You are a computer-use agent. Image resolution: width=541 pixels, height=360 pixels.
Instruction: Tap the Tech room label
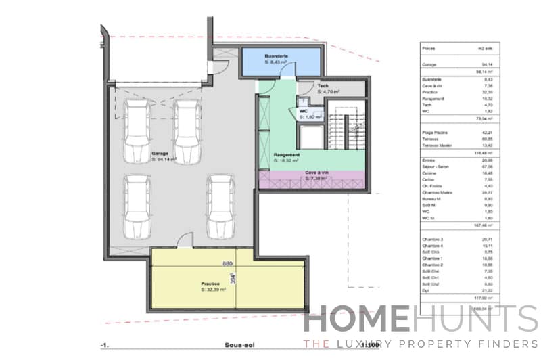click(x=323, y=85)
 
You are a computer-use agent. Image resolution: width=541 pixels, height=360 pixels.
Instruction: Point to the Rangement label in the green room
click(x=285, y=155)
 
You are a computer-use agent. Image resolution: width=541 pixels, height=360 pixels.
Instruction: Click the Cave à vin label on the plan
click(x=316, y=173)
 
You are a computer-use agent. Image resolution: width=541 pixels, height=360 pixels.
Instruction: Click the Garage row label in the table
click(x=429, y=65)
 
